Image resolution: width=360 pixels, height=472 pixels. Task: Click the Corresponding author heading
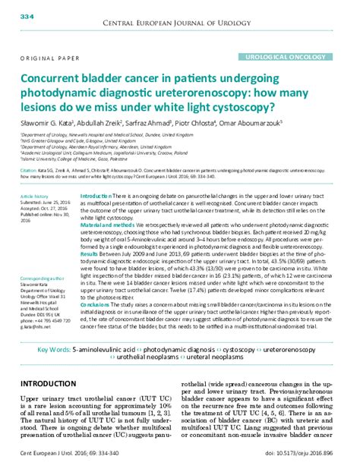click(43, 280)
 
